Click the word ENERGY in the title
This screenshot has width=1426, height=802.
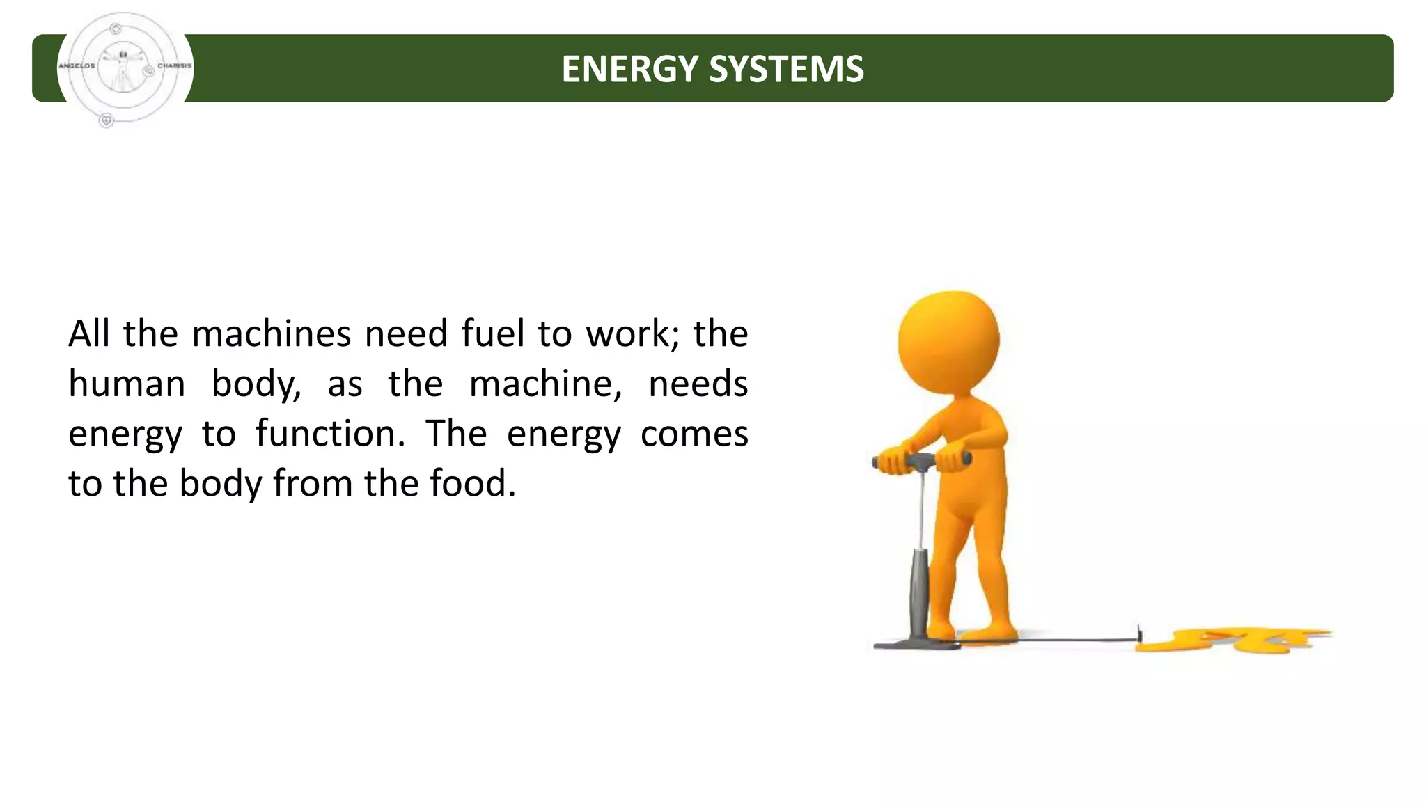[x=629, y=69]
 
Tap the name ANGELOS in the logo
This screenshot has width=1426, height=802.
[x=77, y=66]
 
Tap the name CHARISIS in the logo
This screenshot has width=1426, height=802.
[x=174, y=66]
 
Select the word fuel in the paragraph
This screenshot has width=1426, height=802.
[x=492, y=333]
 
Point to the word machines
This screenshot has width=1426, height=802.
[x=271, y=333]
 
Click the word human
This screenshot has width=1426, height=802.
[x=127, y=384]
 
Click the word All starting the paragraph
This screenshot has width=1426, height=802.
[x=89, y=333]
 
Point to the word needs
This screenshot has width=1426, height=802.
[x=698, y=384]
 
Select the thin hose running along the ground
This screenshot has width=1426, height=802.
[x=1072, y=639]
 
